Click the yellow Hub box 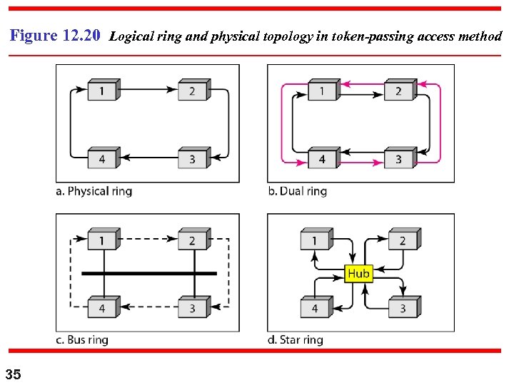358,274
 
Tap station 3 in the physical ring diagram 193,158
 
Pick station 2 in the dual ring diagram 399,91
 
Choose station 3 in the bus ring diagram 193,308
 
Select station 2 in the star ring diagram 403,240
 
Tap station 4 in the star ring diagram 316,308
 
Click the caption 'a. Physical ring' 94,191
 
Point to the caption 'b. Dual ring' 298,191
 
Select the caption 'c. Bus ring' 82,340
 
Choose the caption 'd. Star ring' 296,340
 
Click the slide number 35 14,374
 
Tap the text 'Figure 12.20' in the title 56,36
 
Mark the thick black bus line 148,273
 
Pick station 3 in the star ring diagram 403,308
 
